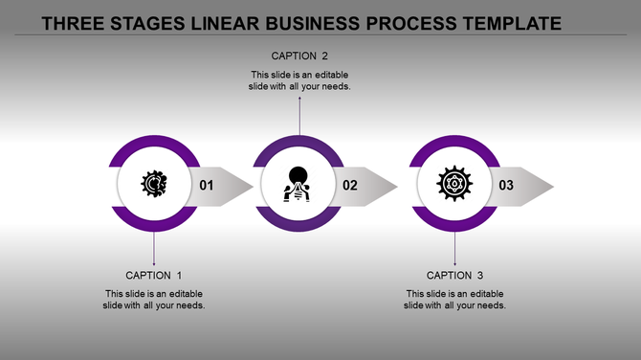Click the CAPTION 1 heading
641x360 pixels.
154,276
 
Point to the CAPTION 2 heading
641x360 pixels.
299,56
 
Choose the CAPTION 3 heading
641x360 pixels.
454,276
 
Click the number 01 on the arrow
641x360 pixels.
206,186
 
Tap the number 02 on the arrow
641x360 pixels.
350,186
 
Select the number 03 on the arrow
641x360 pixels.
506,186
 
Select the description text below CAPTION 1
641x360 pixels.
154,300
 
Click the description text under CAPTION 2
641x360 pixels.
299,80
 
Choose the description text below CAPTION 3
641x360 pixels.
454,300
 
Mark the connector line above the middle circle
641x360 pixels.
299,115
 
